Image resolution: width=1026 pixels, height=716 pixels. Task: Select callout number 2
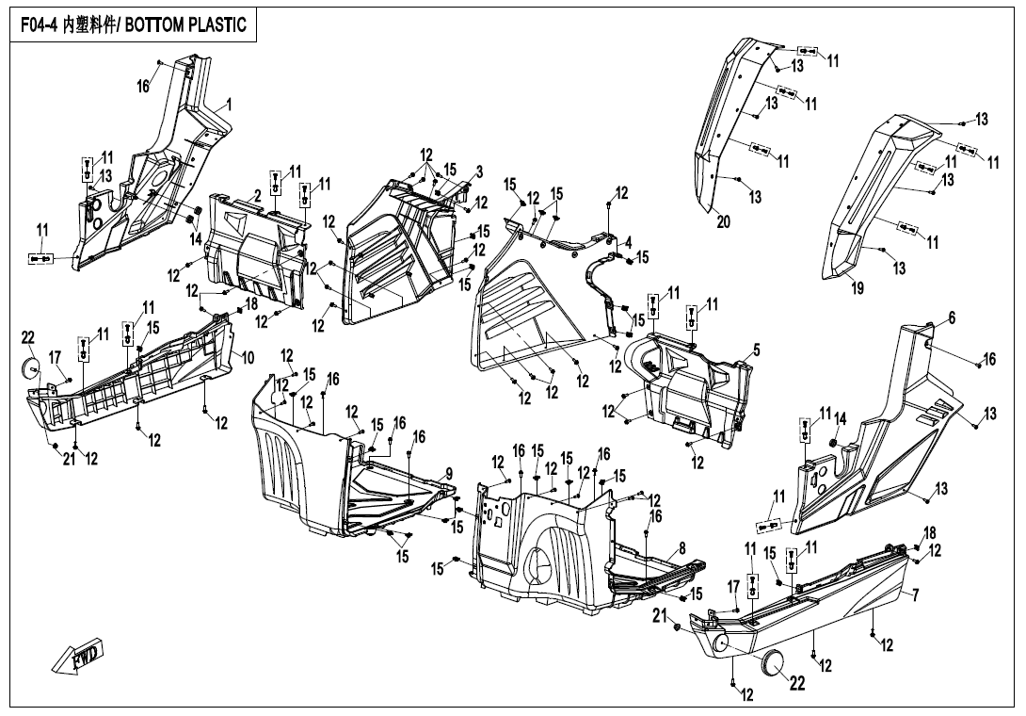coord(257,195)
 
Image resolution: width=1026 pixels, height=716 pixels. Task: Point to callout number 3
coord(479,172)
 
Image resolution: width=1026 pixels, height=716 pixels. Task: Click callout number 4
coord(628,241)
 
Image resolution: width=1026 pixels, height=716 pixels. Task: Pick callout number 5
coord(757,350)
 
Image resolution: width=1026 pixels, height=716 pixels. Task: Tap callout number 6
coord(952,317)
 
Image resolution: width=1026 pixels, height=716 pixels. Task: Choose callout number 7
coord(915,594)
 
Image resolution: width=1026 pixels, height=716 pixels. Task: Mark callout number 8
coord(681,547)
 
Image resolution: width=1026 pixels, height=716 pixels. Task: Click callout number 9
coord(449,473)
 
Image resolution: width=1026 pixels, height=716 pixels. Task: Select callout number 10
coord(248,358)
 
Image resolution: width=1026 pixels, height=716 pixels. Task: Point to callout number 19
coord(858,289)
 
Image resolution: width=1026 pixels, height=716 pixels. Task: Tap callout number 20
coord(723,222)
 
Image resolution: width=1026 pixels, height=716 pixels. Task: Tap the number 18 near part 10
coord(251,303)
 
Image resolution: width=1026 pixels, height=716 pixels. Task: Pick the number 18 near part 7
coord(929,533)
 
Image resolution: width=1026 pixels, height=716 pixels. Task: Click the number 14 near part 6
coord(840,418)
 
